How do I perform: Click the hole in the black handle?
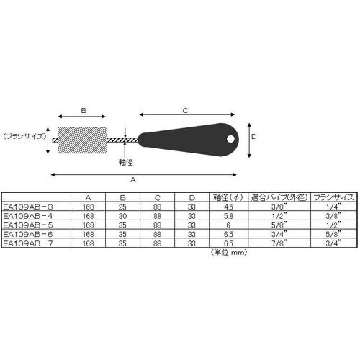(230, 139)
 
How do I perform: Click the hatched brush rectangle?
(82, 140)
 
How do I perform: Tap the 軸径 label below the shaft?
(126, 163)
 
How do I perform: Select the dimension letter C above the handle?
(186, 111)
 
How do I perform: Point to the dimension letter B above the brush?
(84, 111)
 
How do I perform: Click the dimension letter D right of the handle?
(253, 137)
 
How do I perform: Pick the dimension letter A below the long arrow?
(133, 179)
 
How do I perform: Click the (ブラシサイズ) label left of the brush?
(24, 136)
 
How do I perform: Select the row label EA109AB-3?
(28, 207)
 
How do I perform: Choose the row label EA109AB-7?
(28, 243)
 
